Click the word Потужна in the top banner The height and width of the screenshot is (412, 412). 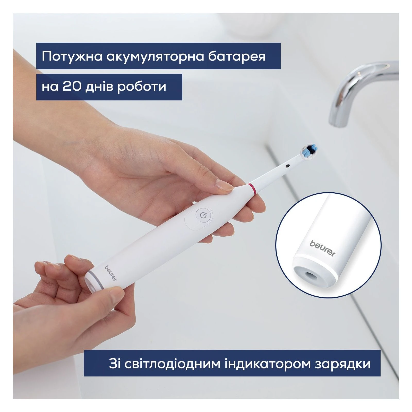(x=72, y=56)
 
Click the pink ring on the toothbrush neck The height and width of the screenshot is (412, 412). (x=252, y=190)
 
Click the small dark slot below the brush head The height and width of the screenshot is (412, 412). (x=288, y=167)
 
